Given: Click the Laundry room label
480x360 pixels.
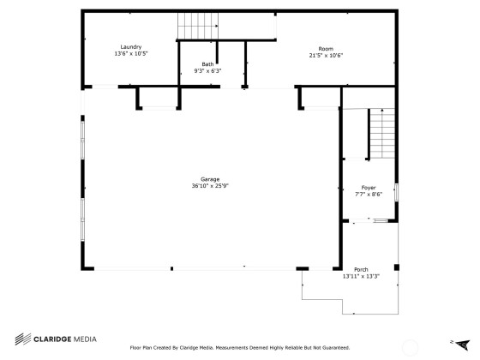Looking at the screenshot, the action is [130, 47].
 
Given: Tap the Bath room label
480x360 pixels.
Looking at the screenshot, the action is [207, 64].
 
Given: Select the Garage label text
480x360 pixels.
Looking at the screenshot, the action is [210, 179].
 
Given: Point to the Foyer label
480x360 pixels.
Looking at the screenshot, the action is [369, 188].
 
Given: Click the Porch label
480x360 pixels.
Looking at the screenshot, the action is [361, 270].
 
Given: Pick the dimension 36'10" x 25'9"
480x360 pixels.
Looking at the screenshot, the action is [210, 186].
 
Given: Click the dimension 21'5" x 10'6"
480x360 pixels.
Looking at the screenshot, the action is [326, 56].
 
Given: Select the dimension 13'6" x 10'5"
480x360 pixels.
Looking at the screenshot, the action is [131, 53].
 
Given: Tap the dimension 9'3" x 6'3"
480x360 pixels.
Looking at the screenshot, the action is [207, 71].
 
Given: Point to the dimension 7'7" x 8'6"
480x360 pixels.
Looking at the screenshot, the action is [369, 195].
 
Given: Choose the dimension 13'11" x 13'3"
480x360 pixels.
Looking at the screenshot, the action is [361, 276].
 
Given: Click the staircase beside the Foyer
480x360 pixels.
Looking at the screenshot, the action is [382, 134].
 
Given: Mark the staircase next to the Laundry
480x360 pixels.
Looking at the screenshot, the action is [198, 26].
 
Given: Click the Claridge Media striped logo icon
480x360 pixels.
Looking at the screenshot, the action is [23, 339].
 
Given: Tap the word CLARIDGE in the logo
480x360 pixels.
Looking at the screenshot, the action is [52, 339].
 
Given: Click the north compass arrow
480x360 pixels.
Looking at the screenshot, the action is [463, 345].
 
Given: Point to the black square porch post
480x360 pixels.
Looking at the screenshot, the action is [397, 267].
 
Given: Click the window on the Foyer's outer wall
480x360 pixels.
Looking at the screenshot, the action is [396, 192].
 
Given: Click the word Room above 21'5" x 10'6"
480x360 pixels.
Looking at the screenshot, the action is [326, 49].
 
